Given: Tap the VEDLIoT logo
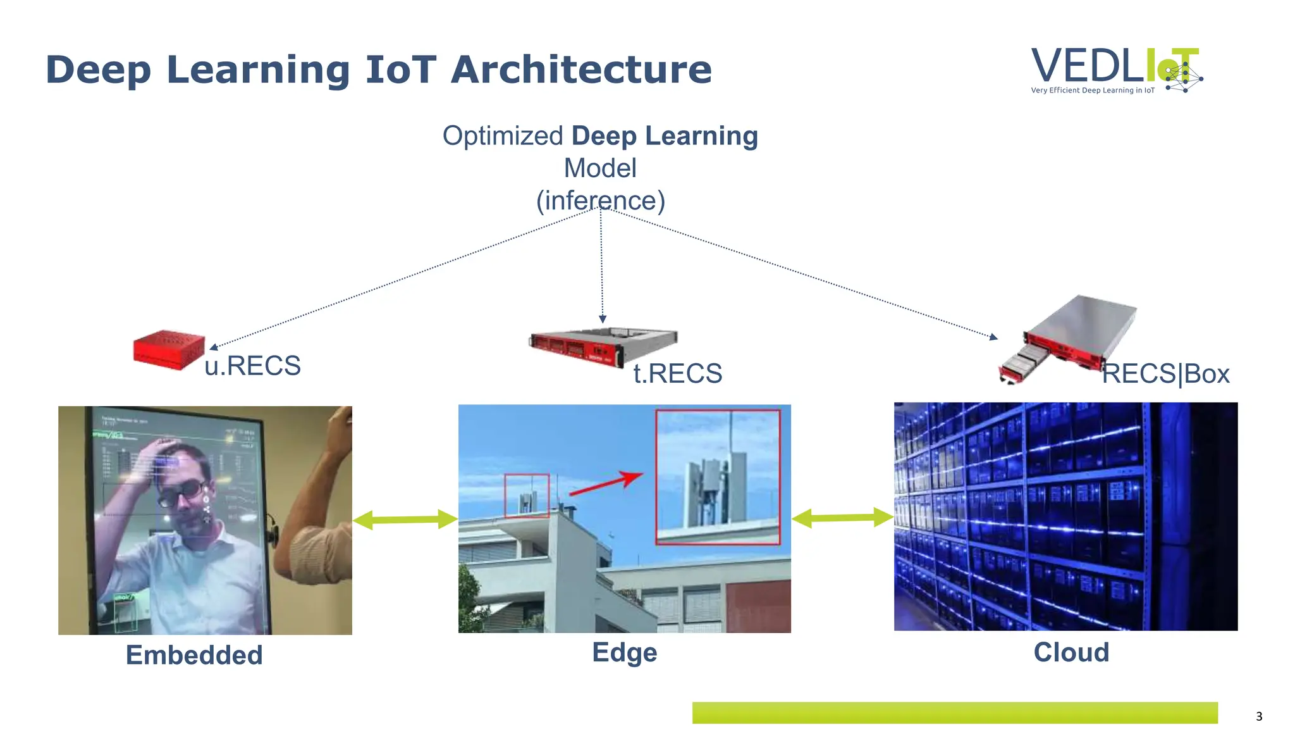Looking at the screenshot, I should point(1116,70).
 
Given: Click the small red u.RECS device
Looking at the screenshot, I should point(168,349).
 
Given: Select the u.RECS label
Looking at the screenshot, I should point(252,366).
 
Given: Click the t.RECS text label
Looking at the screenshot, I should point(677,373).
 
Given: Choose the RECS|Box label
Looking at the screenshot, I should point(1165,374).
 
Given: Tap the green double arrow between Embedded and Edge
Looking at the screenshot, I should point(405,520).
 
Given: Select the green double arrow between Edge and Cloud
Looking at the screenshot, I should point(842,518).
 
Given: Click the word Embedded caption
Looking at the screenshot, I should point(194,655).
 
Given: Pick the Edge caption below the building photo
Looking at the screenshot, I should point(624,652).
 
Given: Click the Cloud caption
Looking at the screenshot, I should point(1071,652).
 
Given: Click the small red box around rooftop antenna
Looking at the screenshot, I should point(526,495).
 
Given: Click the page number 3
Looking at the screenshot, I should point(1258,716).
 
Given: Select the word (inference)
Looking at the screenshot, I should point(600,201).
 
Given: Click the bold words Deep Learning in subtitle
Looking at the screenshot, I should point(664,136).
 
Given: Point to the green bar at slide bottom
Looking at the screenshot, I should point(954,713).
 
